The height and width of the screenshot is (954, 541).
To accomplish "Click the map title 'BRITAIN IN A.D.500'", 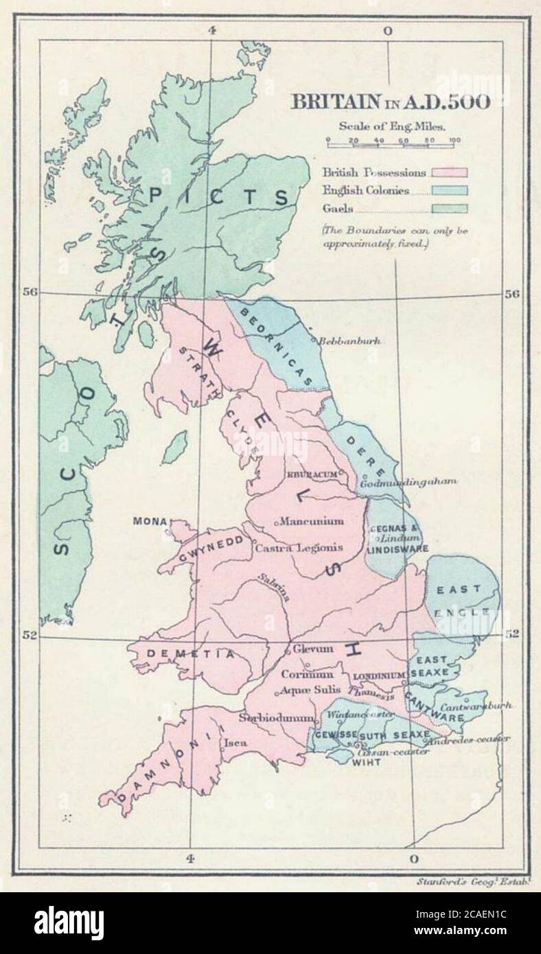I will (391, 103).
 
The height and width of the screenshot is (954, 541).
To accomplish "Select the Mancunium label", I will (311, 521).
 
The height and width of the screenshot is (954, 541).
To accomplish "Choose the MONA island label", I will (148, 522).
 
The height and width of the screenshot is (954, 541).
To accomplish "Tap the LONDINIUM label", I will (379, 676).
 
